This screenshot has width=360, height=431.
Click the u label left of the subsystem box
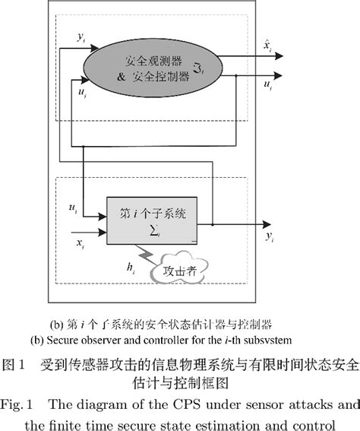click(72, 207)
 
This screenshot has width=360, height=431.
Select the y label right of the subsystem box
click(270, 237)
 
